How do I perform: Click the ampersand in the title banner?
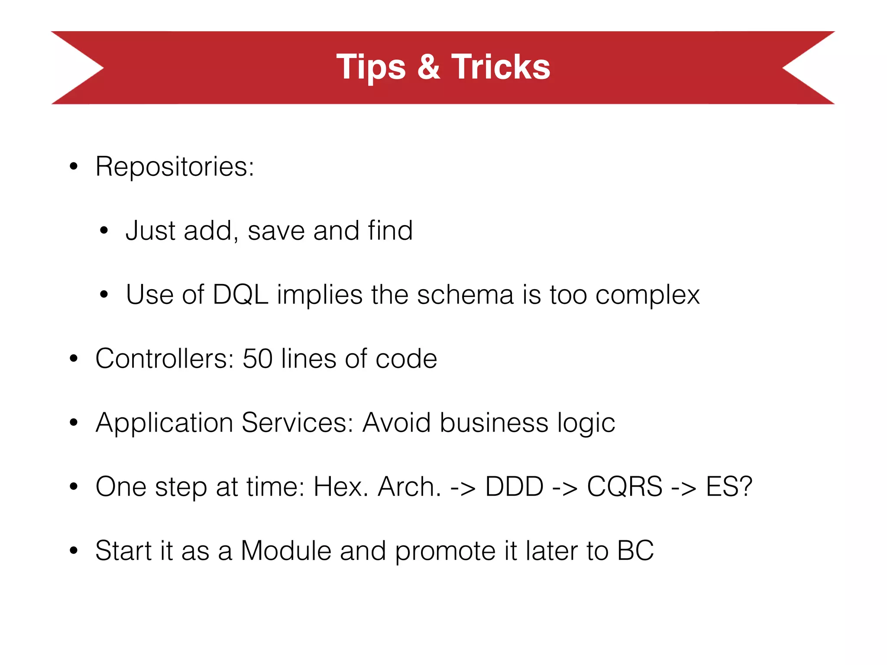tap(429, 67)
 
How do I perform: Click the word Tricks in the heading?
tap(501, 67)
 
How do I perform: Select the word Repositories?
tap(174, 167)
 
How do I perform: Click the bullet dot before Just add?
tap(104, 231)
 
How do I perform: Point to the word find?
tap(390, 230)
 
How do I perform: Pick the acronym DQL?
tap(240, 295)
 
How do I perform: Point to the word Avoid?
tap(396, 423)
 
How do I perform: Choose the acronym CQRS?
tap(625, 487)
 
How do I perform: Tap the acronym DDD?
tap(514, 487)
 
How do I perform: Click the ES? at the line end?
tap(729, 487)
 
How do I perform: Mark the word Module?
tap(286, 551)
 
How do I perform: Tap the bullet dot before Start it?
tap(74, 551)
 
